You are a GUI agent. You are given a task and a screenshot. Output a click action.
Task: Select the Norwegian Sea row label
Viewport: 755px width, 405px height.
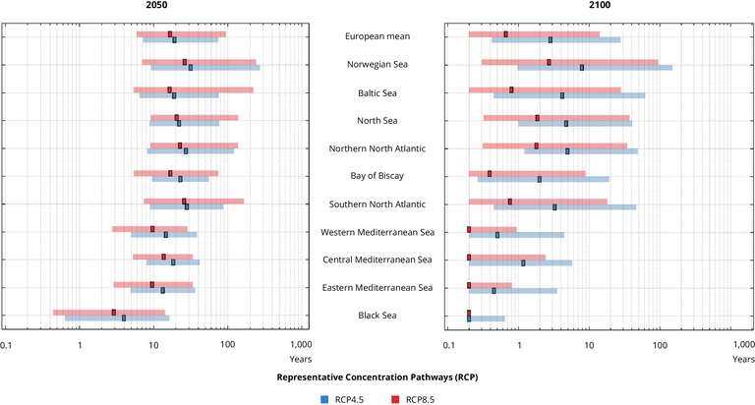point(378,65)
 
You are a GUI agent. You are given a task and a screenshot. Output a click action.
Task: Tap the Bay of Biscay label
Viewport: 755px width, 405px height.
point(378,176)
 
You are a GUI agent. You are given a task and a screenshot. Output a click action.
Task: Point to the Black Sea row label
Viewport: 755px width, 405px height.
point(378,316)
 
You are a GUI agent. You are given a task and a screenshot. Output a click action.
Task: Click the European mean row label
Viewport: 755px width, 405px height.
point(378,36)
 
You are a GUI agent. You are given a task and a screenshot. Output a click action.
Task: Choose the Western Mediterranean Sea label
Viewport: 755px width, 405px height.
point(378,232)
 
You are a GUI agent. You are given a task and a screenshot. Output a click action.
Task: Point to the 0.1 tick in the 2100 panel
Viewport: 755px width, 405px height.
point(449,345)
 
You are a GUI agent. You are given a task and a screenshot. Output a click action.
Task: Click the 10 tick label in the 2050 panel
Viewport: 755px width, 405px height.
point(152,345)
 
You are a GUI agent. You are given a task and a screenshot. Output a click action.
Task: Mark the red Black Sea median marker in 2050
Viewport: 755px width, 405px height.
point(114,312)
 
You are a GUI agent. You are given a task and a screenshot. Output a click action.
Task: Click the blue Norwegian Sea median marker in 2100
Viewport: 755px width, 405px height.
point(582,68)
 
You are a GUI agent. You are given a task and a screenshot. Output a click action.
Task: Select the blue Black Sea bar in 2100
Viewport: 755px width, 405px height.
point(488,318)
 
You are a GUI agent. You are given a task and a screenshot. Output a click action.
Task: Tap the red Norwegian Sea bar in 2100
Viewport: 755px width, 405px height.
point(569,62)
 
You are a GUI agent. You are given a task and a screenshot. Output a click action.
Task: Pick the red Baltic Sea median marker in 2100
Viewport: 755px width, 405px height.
point(511,89)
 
